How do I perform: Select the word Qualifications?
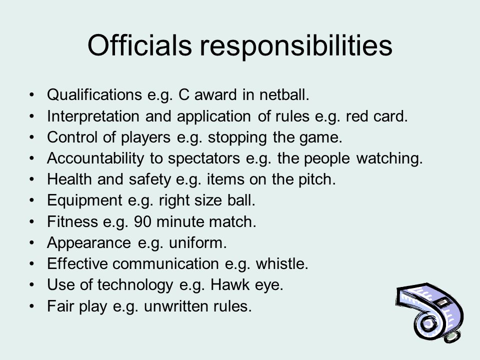[94, 94]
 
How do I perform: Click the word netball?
[284, 94]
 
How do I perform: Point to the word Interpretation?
[93, 116]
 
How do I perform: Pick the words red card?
[377, 116]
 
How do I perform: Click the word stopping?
[237, 138]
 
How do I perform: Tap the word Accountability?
[95, 159]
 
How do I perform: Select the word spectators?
[204, 159]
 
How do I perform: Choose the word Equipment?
[85, 201]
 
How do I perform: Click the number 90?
[142, 221]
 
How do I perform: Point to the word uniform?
[198, 243]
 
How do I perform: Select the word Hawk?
[230, 285]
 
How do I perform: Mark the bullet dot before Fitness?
[32, 221]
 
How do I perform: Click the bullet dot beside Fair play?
[32, 306]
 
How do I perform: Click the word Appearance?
[89, 243]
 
